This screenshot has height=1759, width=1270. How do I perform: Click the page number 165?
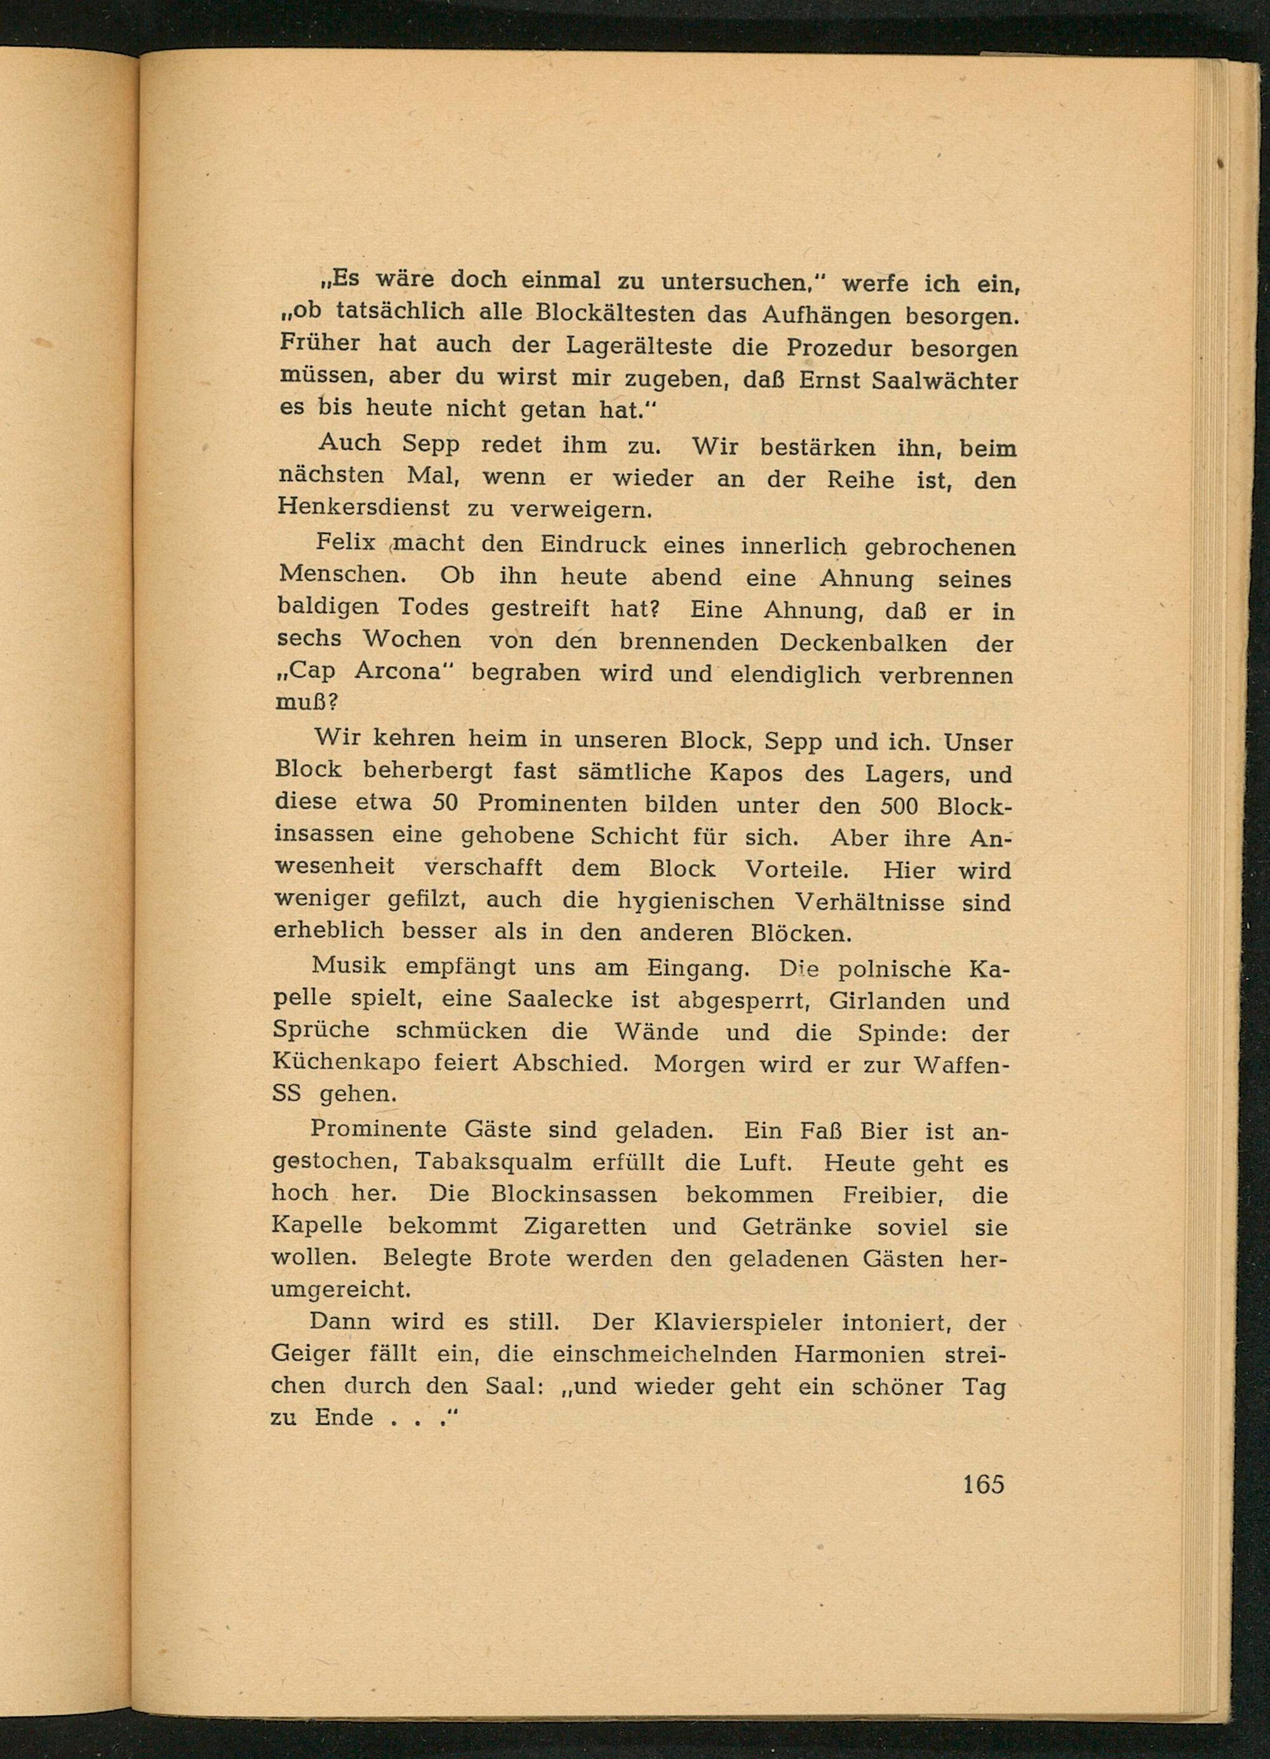(983, 1483)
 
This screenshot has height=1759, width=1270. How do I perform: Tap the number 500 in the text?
(899, 806)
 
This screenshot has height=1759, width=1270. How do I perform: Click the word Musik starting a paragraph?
(347, 966)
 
